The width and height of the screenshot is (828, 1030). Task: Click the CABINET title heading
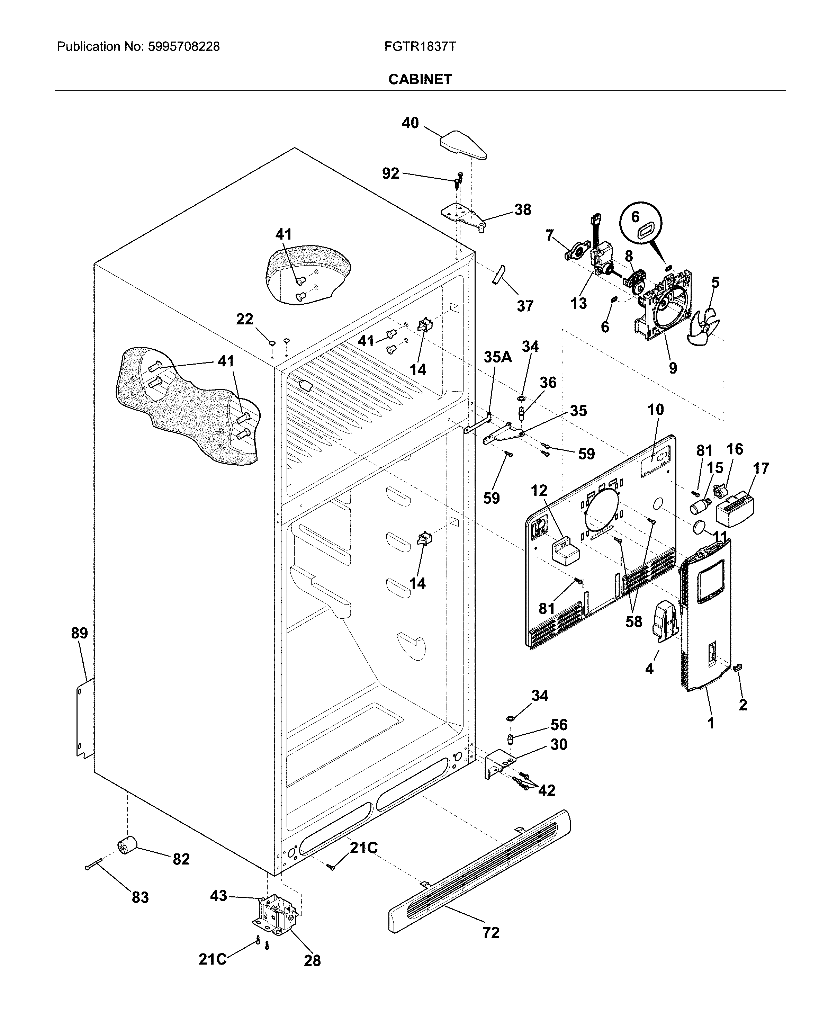click(420, 79)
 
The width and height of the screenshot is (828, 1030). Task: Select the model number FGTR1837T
click(420, 46)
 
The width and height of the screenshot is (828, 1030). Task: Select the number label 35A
click(497, 357)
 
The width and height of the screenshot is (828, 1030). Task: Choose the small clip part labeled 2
click(737, 667)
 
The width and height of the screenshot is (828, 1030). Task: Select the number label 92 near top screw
click(390, 173)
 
